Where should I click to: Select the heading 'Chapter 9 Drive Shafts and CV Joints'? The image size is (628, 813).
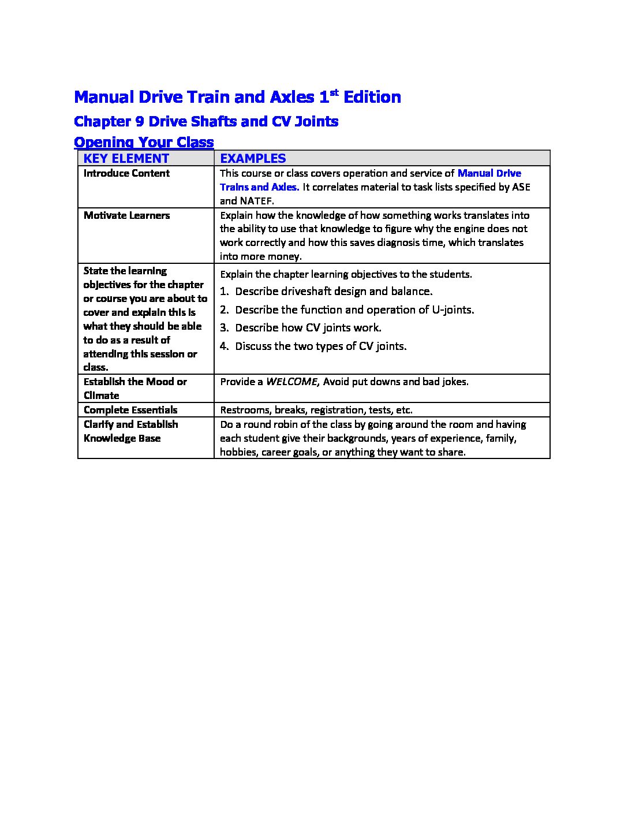pos(206,121)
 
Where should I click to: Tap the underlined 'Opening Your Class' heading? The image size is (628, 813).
pos(144,142)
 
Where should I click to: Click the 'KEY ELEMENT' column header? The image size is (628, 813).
pos(126,158)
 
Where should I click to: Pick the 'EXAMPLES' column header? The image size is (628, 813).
pos(253,158)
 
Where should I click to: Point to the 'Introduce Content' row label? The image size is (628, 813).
pos(126,173)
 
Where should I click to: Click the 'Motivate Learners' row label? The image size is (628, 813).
pos(126,215)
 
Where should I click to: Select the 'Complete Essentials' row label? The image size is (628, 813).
pos(130,410)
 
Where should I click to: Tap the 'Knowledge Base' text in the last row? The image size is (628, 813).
pos(122,438)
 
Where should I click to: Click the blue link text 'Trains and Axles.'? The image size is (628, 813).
pos(259,187)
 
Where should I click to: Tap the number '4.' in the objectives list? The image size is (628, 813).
pos(225,346)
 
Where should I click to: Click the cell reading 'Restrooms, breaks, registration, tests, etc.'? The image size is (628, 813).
pos(316,410)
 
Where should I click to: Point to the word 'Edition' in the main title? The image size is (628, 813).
pos(372,97)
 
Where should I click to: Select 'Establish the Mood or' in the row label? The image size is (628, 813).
pos(135,382)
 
